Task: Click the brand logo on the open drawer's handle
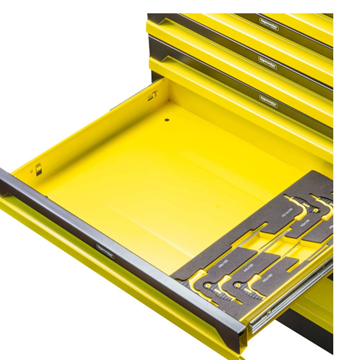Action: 105,251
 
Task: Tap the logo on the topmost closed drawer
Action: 269,24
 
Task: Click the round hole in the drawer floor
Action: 167,119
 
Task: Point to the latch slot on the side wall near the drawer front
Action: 39,169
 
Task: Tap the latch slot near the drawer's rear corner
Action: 153,95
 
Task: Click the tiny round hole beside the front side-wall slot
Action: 32,171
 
